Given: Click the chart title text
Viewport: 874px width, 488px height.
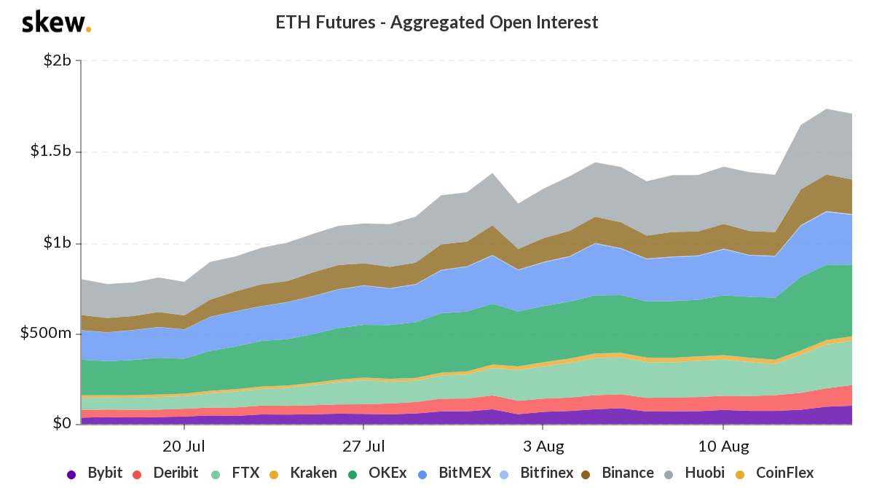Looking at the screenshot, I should tap(436, 23).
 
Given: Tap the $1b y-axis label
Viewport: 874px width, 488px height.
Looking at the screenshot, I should tap(56, 243).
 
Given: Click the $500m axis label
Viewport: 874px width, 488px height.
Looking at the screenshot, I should tap(47, 334).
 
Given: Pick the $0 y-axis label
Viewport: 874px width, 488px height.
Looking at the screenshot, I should tap(60, 424).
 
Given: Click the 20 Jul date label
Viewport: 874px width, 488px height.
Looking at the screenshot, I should tap(183, 446).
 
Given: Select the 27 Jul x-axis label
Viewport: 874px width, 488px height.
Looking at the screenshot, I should tap(363, 446).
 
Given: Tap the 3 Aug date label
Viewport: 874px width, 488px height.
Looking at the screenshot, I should tap(543, 446).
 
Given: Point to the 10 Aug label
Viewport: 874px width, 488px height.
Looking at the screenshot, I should tap(723, 446).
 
